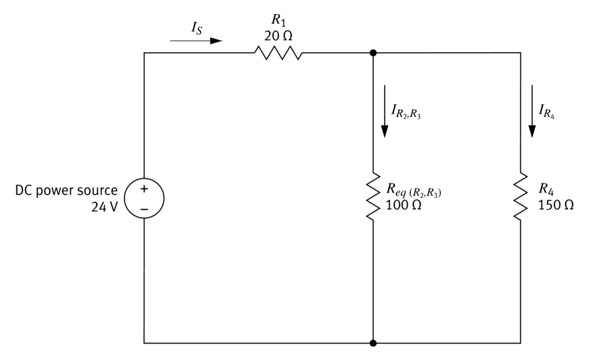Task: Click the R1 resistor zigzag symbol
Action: point(278,53)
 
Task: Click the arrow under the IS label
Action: point(196,40)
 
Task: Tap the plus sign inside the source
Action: point(145,190)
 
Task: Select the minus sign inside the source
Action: point(145,209)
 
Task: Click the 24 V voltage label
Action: point(105,206)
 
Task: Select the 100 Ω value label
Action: point(404,205)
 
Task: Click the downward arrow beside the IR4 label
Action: point(532,111)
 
